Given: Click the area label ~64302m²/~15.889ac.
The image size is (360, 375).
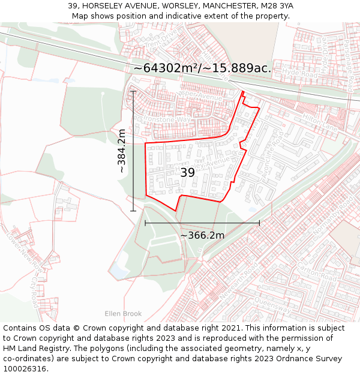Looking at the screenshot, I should pyautogui.click(x=202, y=68).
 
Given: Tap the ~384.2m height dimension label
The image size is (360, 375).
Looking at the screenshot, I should pyautogui.click(x=122, y=151).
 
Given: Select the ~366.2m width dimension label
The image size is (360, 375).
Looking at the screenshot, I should pyautogui.click(x=202, y=235).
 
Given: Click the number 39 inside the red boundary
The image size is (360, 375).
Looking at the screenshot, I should pyautogui.click(x=188, y=172).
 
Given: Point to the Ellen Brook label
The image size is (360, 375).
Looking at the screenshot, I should pyautogui.click(x=123, y=313).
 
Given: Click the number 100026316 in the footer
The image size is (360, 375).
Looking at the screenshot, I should pyautogui.click(x=24, y=369).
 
